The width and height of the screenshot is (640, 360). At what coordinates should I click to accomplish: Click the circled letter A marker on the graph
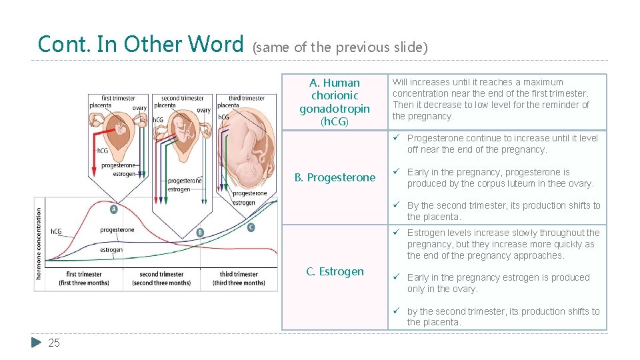coord(113,209)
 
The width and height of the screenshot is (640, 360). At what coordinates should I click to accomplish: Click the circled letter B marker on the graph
coord(200,232)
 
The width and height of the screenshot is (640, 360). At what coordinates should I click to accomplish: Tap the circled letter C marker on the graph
coord(251,227)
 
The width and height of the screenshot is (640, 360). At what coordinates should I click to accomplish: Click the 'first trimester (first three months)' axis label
coord(84,278)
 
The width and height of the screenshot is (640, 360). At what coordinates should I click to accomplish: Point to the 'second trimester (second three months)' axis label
coord(161,278)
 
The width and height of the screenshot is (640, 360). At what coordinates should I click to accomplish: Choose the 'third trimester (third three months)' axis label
coord(239,278)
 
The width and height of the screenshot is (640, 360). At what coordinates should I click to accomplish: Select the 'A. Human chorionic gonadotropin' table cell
coord(335,102)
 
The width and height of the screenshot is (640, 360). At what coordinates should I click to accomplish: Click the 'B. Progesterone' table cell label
coord(335,177)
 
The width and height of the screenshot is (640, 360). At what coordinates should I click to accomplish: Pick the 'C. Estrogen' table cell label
coord(335,271)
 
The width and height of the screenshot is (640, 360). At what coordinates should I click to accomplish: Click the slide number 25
coord(54,343)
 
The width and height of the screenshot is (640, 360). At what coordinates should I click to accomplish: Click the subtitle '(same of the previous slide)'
coord(340,47)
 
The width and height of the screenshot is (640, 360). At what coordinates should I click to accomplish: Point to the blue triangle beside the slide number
coord(37,343)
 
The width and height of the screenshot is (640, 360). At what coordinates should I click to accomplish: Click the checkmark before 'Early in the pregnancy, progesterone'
coord(396,172)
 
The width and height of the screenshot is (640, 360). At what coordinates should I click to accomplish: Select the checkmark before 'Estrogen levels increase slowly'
coord(396,233)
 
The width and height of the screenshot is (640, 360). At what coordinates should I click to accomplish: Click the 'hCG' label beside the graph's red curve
coord(57,231)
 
